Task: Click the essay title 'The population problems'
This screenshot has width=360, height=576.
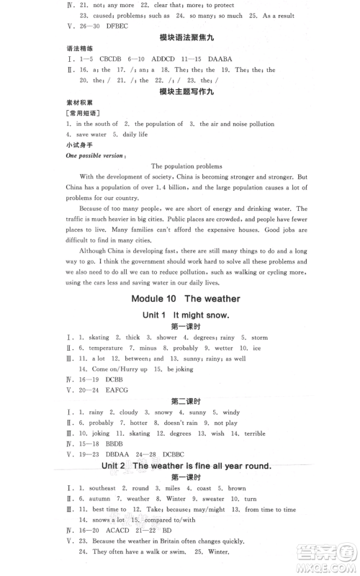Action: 186,166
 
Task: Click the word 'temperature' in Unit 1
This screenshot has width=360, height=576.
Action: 105,348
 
